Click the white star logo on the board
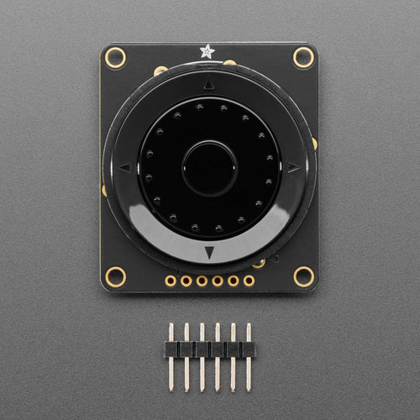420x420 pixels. pos(207,51)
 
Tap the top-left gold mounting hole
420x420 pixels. pos(115,58)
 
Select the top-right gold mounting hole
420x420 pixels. pos(303,57)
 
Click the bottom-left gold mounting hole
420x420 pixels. pos(115,276)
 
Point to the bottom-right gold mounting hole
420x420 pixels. pos(303,276)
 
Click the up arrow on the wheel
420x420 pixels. pos(209,83)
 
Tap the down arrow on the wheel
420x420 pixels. pos(209,252)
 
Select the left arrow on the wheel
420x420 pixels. pos(125,167)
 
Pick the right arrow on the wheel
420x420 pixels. pos(293,167)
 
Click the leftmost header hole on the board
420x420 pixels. pos(171,281)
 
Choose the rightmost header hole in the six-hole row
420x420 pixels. pos(249,281)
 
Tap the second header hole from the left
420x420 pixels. pos(186,281)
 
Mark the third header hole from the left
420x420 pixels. pos(202,281)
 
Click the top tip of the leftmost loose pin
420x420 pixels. pos(171,326)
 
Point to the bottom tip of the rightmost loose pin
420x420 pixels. pos(249,388)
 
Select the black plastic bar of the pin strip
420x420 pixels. pos(209,349)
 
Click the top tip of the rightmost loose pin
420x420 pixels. pos(249,326)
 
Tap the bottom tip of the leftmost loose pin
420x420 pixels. pos(171,388)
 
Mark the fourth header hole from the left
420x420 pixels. pos(218,281)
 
